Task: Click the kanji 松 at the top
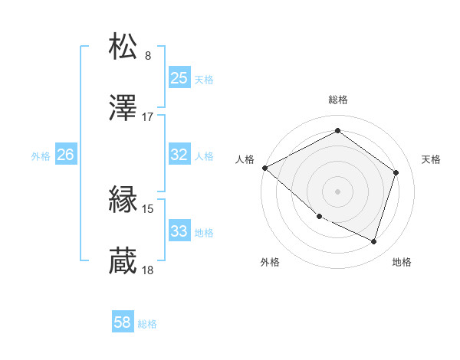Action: pyautogui.click(x=123, y=47)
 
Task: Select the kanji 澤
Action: pyautogui.click(x=123, y=109)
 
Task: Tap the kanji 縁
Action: pyautogui.click(x=123, y=201)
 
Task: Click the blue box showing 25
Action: pyautogui.click(x=179, y=78)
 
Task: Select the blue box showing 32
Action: pyautogui.click(x=179, y=155)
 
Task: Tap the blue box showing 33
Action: pyautogui.click(x=179, y=231)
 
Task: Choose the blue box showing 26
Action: pyautogui.click(x=65, y=155)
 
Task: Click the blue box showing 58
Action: pyautogui.click(x=123, y=322)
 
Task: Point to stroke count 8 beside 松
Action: pyautogui.click(x=148, y=56)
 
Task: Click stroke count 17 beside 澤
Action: pyautogui.click(x=148, y=117)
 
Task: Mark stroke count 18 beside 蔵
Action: pyautogui.click(x=148, y=270)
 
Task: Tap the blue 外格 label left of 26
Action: pyautogui.click(x=41, y=155)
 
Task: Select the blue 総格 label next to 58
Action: pyautogui.click(x=147, y=324)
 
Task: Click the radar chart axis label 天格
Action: pyautogui.click(x=431, y=159)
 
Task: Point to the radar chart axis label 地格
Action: pyautogui.click(x=402, y=263)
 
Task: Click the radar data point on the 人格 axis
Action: pyautogui.click(x=264, y=168)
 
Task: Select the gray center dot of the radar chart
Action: pyautogui.click(x=337, y=191)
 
